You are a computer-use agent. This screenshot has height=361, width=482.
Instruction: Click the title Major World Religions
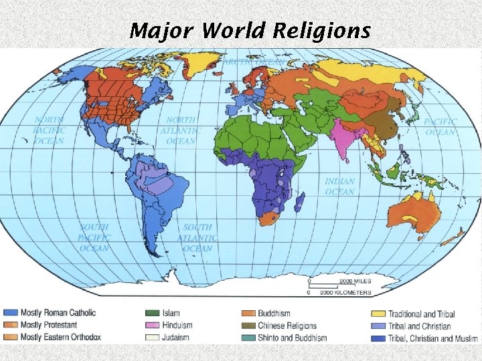click(250, 30)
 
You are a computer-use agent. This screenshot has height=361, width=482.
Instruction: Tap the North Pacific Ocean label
click(50, 131)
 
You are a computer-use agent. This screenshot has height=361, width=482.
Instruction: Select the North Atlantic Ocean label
click(181, 131)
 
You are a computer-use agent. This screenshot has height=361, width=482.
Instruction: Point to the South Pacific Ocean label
click(94, 238)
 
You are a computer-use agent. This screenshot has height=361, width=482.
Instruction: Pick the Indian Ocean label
click(339, 187)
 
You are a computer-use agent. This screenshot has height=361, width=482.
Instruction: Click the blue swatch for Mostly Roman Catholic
click(10, 313)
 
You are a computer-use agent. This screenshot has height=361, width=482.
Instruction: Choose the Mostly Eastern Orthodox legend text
click(60, 337)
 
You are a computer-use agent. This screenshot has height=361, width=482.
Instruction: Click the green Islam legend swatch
click(152, 313)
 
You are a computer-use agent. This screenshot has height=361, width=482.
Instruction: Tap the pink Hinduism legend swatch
click(152, 326)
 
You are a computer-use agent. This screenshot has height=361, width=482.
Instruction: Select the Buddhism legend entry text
click(274, 313)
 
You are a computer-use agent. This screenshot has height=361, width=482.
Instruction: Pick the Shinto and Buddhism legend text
click(293, 338)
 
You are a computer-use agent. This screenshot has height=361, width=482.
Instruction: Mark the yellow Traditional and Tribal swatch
click(377, 314)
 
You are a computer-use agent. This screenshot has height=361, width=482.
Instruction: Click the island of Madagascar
click(299, 203)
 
